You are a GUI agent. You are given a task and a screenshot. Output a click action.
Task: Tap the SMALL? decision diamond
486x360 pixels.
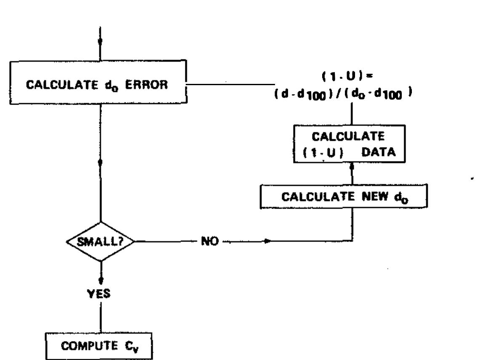click(x=100, y=242)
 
